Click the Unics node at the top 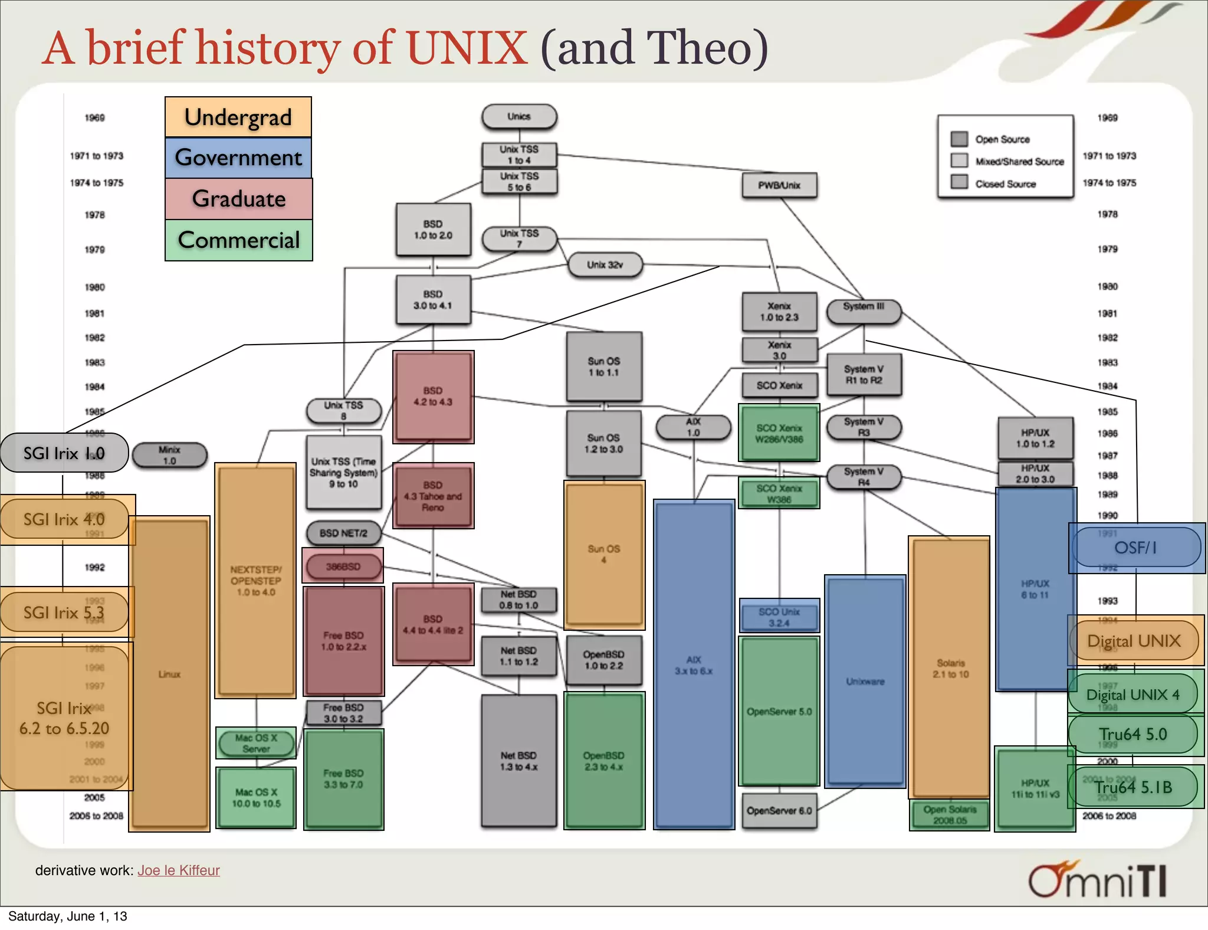coord(519,117)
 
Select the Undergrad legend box coord(238,117)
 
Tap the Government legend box coord(238,158)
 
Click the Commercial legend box coord(238,240)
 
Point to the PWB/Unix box coord(779,185)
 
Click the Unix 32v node coord(605,265)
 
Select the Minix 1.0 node coord(170,455)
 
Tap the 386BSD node coord(343,566)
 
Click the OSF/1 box coord(1136,548)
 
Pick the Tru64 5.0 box coord(1133,734)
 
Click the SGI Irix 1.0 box coord(64,453)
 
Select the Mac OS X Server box coord(256,744)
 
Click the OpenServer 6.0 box coord(779,811)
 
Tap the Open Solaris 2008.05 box coord(950,815)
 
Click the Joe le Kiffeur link coord(179,870)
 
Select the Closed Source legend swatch coord(960,182)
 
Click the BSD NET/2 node coord(343,533)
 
